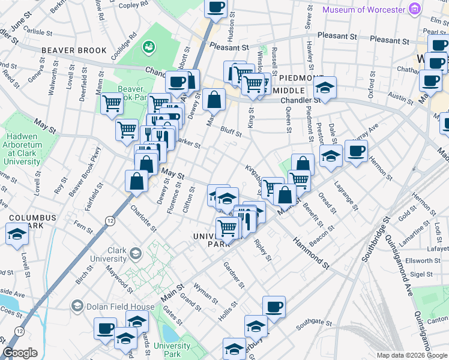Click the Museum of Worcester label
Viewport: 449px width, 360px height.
(x=365, y=10)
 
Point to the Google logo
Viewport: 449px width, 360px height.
(x=20, y=353)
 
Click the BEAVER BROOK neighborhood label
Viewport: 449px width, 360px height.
(x=74, y=51)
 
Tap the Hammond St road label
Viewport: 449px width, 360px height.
(x=312, y=252)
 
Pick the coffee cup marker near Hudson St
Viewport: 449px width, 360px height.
(x=216, y=7)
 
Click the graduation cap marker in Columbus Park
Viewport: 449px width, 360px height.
(x=17, y=235)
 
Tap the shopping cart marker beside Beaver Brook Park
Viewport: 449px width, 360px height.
(x=112, y=104)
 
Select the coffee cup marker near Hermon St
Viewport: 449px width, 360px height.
(x=356, y=151)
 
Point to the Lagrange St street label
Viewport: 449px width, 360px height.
(x=346, y=196)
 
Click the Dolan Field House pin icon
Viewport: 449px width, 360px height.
(x=76, y=306)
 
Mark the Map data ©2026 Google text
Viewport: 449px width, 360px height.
(x=411, y=355)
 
